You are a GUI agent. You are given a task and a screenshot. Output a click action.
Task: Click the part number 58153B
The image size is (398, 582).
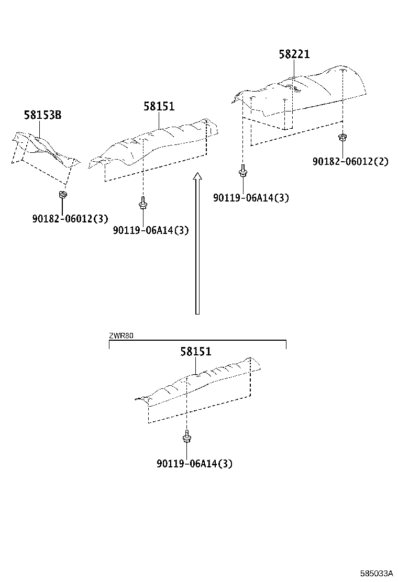point(42,115)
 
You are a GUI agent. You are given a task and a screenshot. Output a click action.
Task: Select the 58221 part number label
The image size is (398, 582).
point(294,54)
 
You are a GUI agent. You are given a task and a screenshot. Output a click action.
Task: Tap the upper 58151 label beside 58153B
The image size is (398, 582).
point(159,107)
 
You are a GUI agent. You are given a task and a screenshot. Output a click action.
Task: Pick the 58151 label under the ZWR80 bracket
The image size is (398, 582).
point(196,352)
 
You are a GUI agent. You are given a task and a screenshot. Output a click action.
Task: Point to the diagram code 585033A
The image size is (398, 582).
point(376,574)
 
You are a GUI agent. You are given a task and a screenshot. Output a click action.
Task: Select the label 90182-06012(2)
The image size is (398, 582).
point(350,162)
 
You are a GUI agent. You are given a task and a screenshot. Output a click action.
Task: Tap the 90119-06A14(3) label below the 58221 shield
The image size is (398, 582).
point(251,197)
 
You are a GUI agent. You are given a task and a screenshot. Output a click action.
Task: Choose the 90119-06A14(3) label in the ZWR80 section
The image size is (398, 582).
point(194,463)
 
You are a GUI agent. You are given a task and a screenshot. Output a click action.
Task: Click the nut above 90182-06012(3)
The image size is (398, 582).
point(62,195)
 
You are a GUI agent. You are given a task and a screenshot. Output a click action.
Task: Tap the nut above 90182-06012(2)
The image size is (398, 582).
point(343,138)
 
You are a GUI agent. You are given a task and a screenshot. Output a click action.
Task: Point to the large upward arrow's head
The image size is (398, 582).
point(197,176)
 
